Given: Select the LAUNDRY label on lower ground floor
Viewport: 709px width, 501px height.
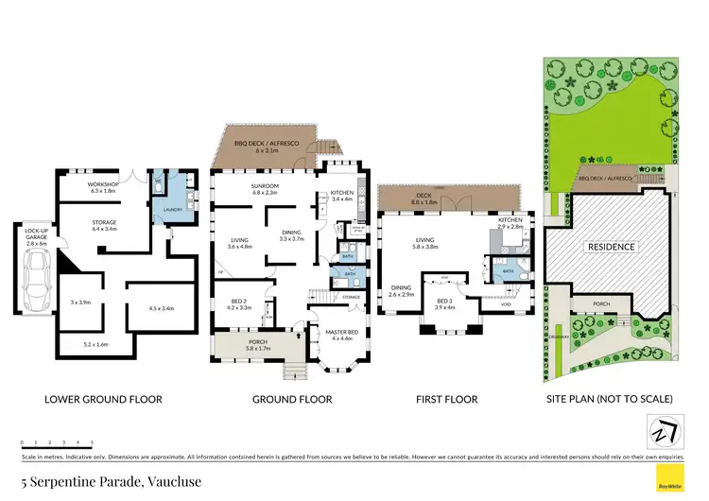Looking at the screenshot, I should [172, 210].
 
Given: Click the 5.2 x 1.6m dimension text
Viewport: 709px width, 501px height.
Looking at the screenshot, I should [96, 344].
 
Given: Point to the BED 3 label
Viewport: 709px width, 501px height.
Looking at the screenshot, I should [443, 302].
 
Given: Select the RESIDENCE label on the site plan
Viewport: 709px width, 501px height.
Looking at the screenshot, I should [612, 247].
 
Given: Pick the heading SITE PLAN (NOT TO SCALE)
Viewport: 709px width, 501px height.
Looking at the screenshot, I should [612, 399].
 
